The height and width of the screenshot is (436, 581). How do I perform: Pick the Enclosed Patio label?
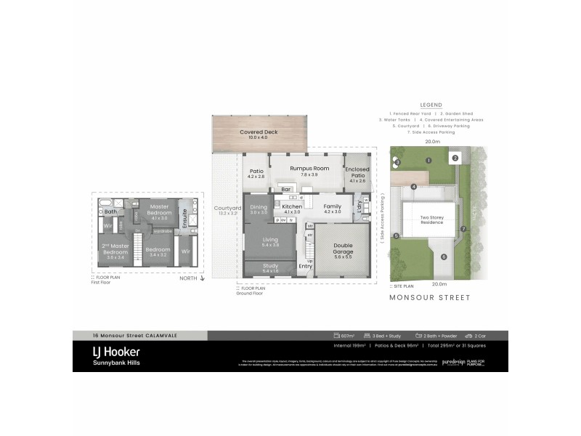[357, 171]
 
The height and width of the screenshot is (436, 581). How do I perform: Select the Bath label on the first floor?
[110, 212]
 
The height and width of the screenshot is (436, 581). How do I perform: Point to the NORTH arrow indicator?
[191, 278]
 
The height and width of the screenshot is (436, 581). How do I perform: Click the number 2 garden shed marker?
[455, 158]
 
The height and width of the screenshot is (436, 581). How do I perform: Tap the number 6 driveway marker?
[442, 257]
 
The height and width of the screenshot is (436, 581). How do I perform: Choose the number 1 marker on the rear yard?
[429, 160]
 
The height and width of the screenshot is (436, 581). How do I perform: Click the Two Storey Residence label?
[431, 219]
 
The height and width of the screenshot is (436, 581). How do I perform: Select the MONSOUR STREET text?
[429, 297]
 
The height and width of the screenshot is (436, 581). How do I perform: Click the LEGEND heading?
[431, 105]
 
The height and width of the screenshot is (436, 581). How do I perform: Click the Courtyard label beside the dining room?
[227, 211]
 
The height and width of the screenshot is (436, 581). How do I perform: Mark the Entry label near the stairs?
[306, 266]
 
